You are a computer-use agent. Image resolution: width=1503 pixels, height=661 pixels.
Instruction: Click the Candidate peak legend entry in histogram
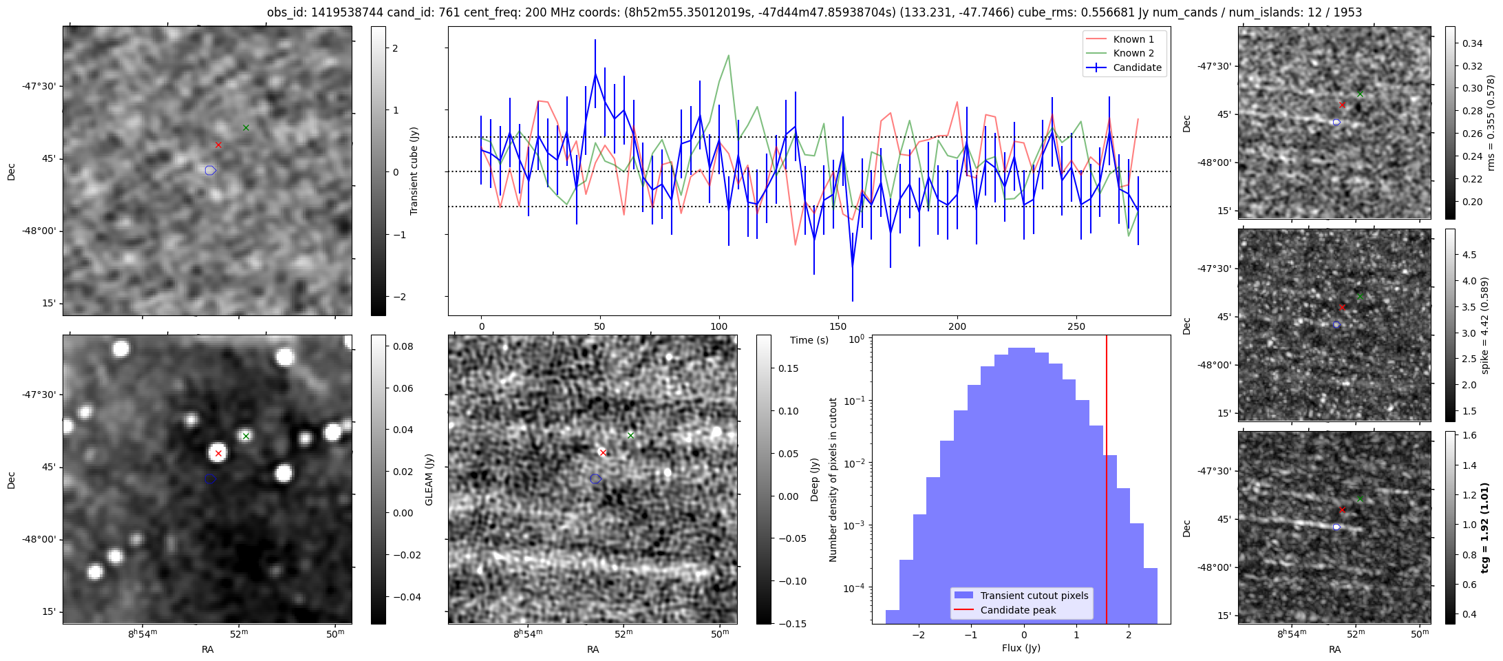click(x=1018, y=610)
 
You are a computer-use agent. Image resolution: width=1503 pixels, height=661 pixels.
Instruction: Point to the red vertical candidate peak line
click(x=1107, y=482)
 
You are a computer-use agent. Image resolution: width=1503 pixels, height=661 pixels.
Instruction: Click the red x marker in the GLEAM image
click(x=218, y=453)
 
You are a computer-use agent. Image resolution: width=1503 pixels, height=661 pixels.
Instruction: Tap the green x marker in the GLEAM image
click(x=246, y=436)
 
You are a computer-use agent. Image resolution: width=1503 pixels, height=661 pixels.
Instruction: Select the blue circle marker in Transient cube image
click(x=211, y=170)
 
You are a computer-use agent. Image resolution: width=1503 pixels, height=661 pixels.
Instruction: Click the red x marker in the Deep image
click(x=603, y=453)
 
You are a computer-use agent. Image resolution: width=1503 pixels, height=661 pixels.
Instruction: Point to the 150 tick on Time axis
click(x=838, y=326)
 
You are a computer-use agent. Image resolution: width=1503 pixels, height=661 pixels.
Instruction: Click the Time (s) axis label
click(x=809, y=340)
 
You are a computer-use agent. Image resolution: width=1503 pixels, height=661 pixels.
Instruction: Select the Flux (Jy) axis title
click(x=1021, y=648)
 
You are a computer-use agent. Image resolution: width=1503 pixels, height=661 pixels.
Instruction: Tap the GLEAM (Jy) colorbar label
click(x=429, y=480)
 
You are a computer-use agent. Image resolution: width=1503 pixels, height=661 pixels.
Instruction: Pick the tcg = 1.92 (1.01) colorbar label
click(x=1485, y=527)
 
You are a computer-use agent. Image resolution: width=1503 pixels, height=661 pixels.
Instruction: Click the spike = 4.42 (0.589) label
click(x=1485, y=326)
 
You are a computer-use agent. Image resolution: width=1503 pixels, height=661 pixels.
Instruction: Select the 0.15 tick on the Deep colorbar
click(x=789, y=368)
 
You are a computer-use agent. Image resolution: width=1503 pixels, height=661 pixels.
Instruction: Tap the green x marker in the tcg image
click(x=1360, y=499)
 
